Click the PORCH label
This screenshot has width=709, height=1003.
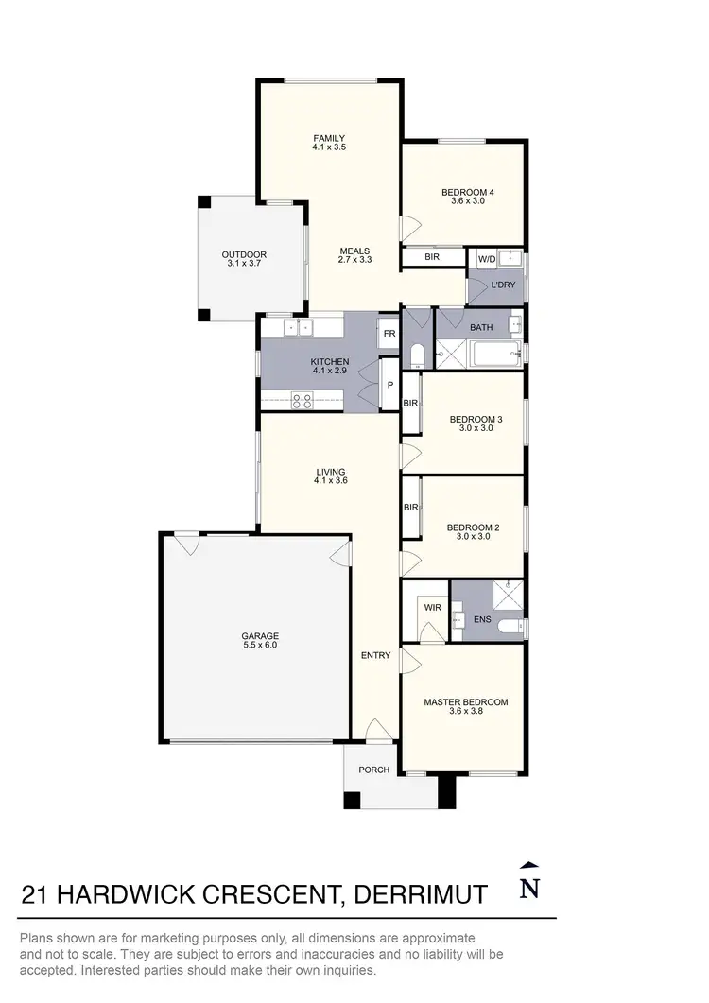tap(373, 770)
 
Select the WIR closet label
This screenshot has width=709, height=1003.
tap(433, 607)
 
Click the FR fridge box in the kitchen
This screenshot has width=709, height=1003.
tap(388, 333)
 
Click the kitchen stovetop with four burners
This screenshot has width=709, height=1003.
tap(303, 401)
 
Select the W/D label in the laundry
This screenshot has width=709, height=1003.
tap(487, 259)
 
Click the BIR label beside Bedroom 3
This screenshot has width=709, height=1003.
tap(410, 404)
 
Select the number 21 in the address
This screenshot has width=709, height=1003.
tap(35, 893)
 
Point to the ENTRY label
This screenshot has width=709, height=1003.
tap(375, 655)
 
